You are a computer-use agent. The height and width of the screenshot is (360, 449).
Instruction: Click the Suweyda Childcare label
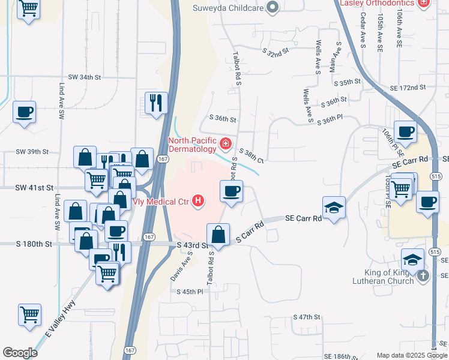click(228, 8)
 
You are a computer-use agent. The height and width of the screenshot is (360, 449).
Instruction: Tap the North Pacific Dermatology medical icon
click(225, 144)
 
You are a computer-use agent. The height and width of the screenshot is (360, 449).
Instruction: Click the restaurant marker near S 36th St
click(155, 103)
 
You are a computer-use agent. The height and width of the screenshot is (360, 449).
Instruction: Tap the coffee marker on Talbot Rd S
click(232, 191)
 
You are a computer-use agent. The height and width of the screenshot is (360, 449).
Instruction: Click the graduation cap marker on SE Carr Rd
click(333, 208)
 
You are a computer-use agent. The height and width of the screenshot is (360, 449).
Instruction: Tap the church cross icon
click(423, 276)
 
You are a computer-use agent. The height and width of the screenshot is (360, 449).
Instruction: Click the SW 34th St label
click(85, 77)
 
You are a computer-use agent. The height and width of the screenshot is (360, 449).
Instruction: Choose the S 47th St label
click(307, 317)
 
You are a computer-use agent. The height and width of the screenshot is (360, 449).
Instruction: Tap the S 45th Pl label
click(190, 291)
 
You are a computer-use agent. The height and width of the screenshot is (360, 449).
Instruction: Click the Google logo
click(20, 353)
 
